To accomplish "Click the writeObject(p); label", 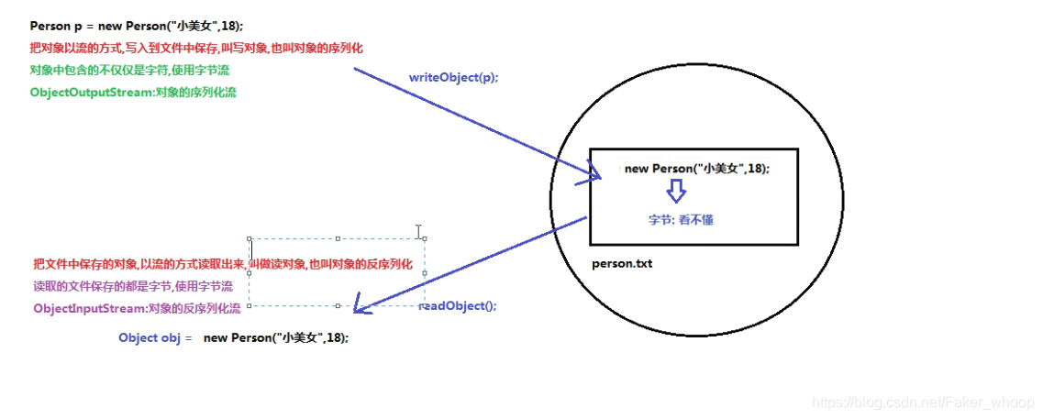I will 454,78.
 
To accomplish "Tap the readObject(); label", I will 459,306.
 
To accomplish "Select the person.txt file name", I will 622,264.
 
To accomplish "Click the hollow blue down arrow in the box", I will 675,191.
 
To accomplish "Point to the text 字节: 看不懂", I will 682,220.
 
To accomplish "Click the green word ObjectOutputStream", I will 93,93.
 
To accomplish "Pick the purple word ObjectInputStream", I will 90,309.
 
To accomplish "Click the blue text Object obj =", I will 155,337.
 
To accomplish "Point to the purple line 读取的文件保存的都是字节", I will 133,287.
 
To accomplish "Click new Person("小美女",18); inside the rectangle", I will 697,169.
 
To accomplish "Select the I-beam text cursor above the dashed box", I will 418,231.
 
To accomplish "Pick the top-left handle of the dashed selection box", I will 250,238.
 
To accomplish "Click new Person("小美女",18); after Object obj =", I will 276,337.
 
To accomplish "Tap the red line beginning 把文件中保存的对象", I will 223,265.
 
